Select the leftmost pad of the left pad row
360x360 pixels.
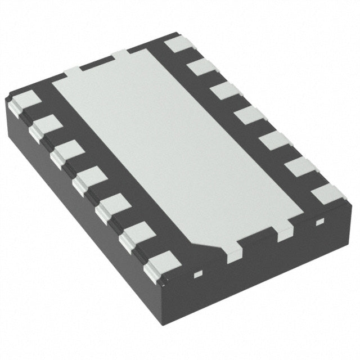(21, 101)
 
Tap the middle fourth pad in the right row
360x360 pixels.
(249, 115)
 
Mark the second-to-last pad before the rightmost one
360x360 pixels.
(301, 167)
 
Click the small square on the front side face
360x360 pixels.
(197, 275)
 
